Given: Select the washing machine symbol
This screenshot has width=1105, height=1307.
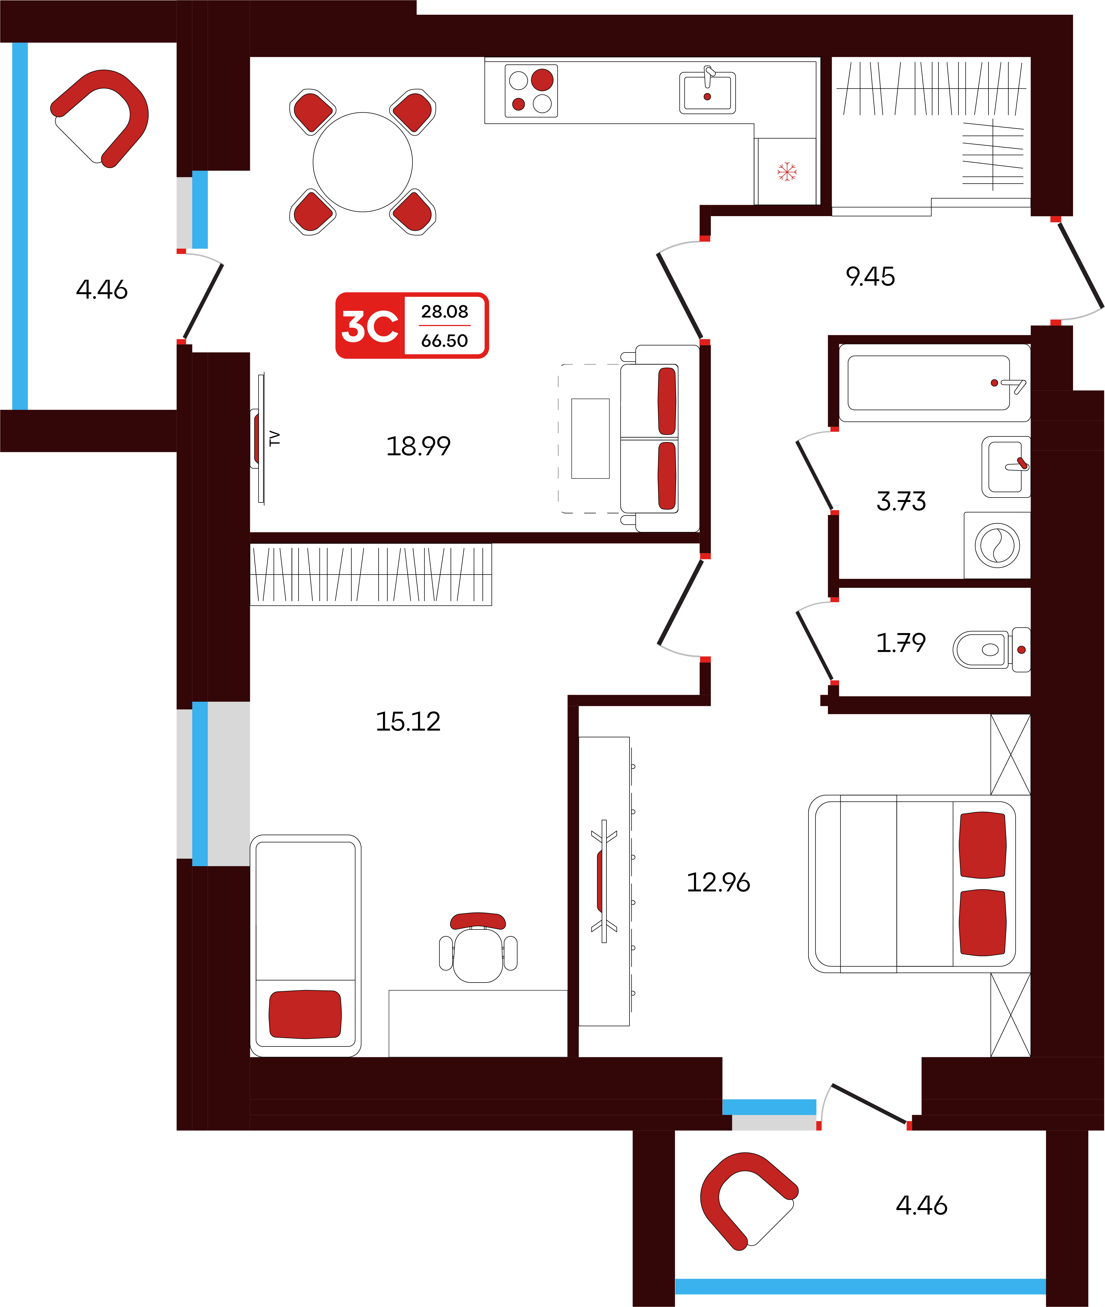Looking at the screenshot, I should (997, 545).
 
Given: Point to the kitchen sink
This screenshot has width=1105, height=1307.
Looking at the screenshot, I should (707, 92).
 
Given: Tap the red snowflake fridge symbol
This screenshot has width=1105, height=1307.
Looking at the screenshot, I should (787, 171).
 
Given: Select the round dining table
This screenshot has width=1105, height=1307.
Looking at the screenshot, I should (363, 162).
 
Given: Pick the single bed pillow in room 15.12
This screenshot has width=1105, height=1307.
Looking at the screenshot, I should (305, 1014).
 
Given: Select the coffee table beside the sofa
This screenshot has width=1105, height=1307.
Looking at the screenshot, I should (590, 438).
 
